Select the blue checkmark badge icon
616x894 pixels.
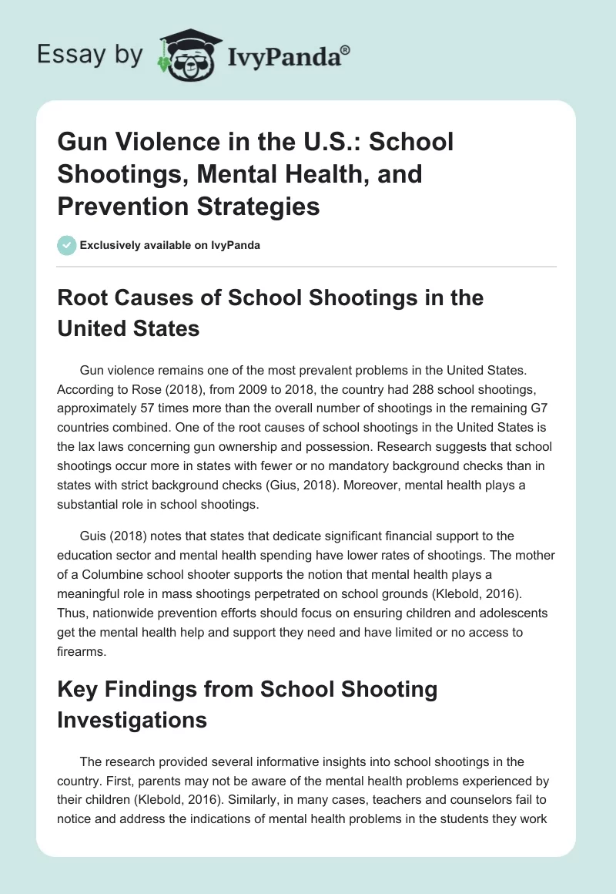[66, 245]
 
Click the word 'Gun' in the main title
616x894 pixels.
[82, 142]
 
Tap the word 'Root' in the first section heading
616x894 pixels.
[85, 297]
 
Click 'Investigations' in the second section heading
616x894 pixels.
[132, 719]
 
